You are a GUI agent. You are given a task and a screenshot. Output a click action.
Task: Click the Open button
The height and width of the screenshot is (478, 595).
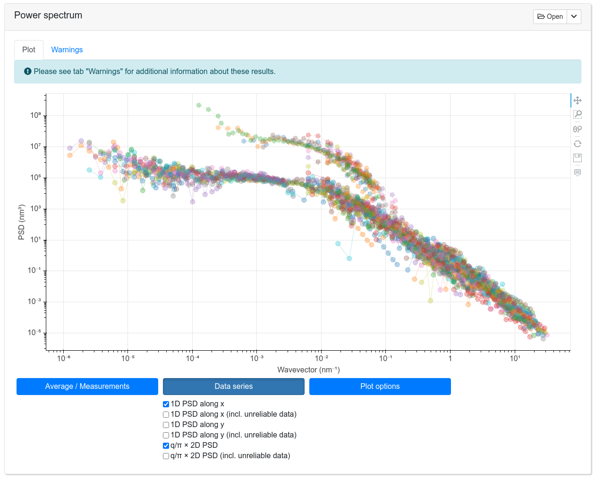[550, 16]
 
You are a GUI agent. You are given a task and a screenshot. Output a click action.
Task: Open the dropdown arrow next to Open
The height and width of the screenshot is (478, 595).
[574, 16]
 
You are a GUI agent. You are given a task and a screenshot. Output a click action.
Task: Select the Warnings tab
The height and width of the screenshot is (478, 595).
[67, 50]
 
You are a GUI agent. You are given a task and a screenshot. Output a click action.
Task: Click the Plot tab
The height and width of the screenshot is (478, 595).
[29, 50]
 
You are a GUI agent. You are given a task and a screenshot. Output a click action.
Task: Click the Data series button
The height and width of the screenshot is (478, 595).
[233, 387]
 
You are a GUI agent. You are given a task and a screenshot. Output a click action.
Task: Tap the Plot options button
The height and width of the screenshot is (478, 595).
[380, 387]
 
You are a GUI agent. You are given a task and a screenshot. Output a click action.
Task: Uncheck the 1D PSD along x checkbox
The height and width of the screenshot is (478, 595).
[166, 404]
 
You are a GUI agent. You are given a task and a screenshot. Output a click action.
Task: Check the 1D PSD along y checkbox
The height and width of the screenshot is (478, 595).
[166, 425]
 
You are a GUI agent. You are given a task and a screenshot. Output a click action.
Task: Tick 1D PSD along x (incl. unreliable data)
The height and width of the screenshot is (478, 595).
[166, 414]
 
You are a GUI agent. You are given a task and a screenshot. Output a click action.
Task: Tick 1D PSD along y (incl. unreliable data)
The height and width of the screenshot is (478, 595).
[166, 435]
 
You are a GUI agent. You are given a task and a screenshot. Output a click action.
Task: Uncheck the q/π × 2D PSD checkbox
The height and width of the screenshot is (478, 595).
[166, 445]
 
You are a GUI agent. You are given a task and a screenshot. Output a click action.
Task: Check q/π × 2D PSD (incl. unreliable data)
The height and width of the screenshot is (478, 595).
[166, 456]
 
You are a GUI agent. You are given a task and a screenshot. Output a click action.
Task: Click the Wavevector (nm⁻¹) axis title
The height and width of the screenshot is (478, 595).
[308, 370]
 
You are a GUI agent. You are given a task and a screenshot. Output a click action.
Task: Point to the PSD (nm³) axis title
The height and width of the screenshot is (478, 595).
[21, 222]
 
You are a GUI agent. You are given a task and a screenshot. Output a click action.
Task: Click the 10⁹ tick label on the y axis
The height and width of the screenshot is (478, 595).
[36, 115]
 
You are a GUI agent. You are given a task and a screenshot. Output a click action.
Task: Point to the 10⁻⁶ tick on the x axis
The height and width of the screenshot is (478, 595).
[63, 358]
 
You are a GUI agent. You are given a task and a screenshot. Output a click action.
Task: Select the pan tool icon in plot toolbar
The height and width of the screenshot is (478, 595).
[577, 100]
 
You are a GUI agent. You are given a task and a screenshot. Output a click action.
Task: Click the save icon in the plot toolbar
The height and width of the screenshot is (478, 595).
[577, 158]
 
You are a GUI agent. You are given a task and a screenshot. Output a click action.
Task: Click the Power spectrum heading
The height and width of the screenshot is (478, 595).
[48, 16]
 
